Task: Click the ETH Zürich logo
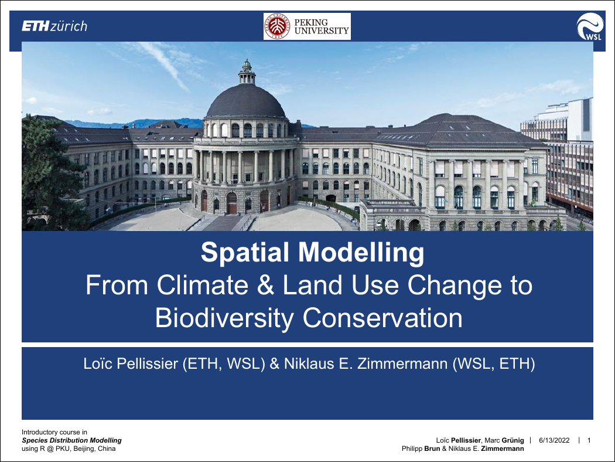pos(54,26)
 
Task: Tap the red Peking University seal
pos(277,26)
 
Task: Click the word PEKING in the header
pos(311,22)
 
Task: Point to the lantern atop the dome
pos(247,72)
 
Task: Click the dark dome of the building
pos(246,101)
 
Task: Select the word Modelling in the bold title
pos(361,252)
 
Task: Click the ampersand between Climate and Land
pos(265,286)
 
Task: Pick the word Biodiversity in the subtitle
pos(224,318)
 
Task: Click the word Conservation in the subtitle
pos(382,318)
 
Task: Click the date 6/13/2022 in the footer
pos(554,440)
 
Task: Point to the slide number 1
pos(589,440)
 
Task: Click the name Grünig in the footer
pos(512,440)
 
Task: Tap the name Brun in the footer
pos(432,449)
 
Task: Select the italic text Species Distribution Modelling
pos(72,440)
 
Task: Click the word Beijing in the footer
pos(84,449)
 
